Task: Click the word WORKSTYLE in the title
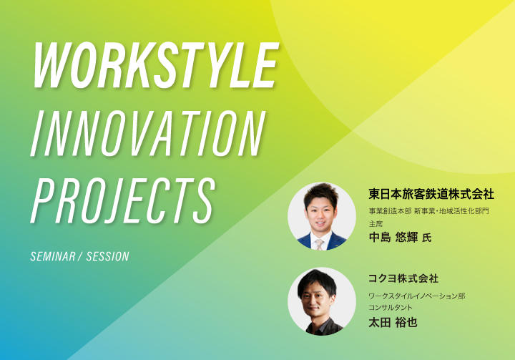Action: (x=155, y=65)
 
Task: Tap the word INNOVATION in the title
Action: (x=147, y=133)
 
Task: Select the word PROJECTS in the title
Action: (x=123, y=201)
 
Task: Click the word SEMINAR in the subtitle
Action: (x=53, y=256)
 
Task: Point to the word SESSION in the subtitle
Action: (x=108, y=256)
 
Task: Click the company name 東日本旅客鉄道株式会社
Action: (x=431, y=194)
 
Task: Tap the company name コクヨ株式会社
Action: (x=403, y=278)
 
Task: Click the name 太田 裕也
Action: (x=393, y=322)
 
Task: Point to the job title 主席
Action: (x=376, y=224)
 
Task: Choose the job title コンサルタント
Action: (x=391, y=308)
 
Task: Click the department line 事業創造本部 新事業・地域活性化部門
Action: (x=428, y=210)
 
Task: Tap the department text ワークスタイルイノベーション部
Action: (x=417, y=296)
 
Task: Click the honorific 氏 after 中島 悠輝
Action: (x=426, y=238)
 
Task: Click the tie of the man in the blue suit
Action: (x=319, y=244)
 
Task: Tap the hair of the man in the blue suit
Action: (x=321, y=193)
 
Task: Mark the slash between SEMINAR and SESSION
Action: (x=80, y=256)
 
